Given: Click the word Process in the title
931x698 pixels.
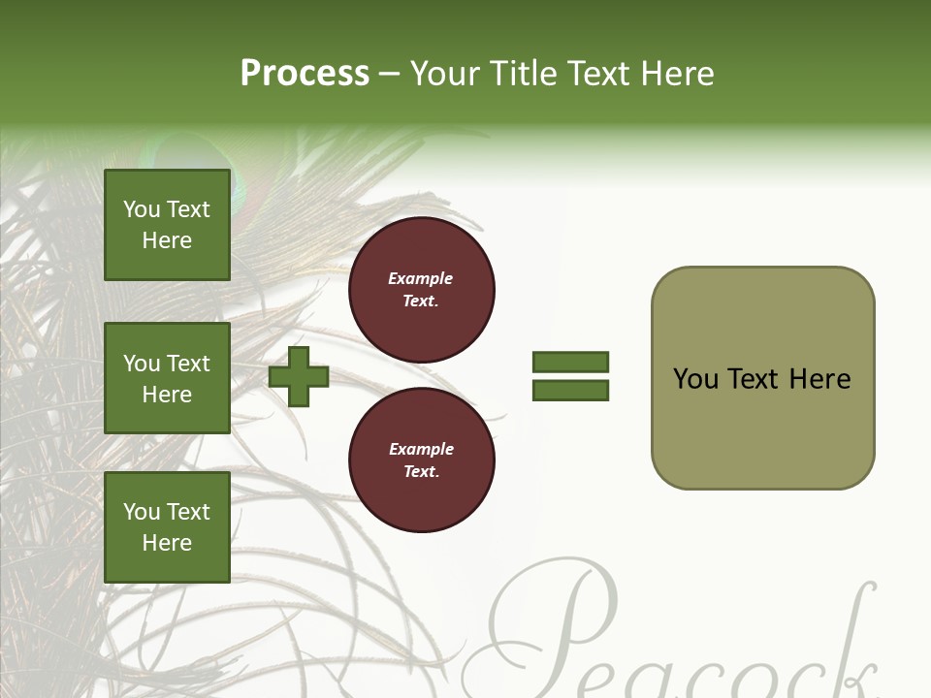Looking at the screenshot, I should coord(305,74).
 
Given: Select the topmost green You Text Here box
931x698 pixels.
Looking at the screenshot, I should coord(167,225).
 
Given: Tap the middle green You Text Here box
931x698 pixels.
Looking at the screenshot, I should coord(167,378).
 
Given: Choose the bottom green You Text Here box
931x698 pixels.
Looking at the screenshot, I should coord(167,526).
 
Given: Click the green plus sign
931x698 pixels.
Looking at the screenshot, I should coord(299,376).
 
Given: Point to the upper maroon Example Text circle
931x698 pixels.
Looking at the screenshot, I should coord(421,290).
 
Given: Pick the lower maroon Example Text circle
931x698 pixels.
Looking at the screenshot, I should coord(421,460).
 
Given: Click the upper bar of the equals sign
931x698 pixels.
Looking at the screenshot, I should coord(570,362).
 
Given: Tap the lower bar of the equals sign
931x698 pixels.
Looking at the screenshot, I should coord(570,391).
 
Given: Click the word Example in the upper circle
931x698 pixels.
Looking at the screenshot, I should coord(421,278).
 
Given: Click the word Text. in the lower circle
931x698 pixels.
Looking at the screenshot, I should coord(421,471).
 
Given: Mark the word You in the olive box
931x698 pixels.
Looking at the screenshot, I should coord(695,379).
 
